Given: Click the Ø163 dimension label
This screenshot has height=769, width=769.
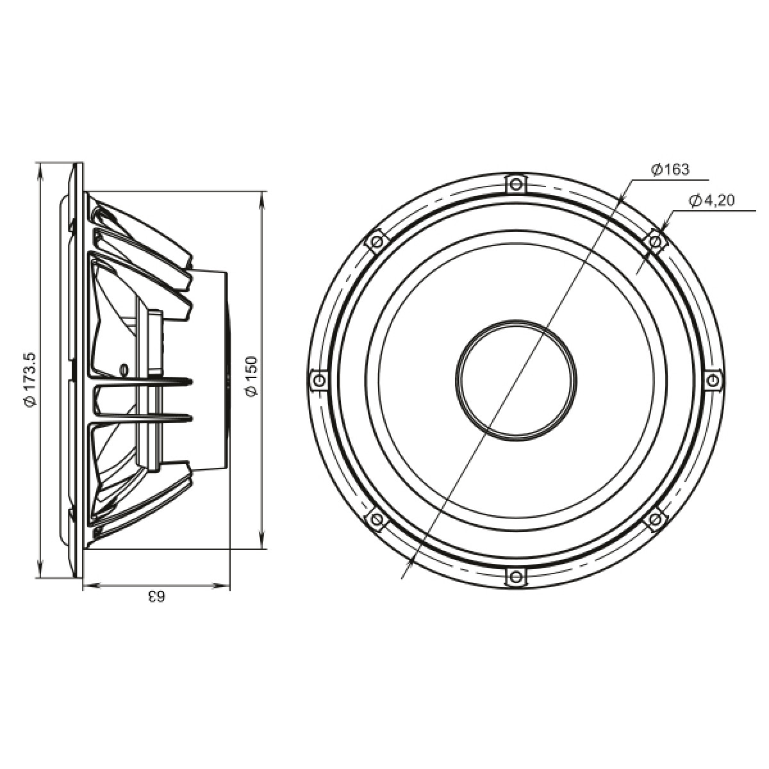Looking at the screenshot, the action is [x=670, y=170].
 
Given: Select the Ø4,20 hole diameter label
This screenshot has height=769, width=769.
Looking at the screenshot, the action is [x=711, y=201].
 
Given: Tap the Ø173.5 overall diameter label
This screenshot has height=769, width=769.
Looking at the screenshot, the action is [x=31, y=380].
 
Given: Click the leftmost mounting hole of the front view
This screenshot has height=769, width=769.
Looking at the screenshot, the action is [x=319, y=378].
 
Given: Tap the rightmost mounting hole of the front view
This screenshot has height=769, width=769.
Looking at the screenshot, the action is [x=713, y=380].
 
